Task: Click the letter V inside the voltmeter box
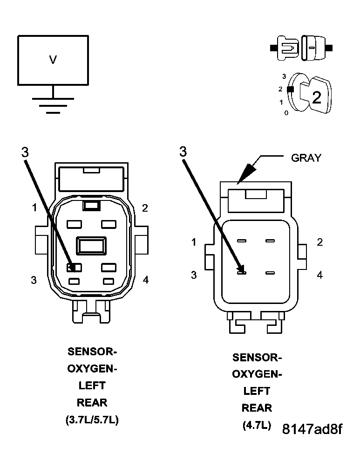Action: click(x=53, y=60)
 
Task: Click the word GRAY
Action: click(x=306, y=158)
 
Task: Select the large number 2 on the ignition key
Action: click(x=316, y=97)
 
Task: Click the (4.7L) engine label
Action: click(x=257, y=425)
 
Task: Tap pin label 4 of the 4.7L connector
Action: click(x=319, y=275)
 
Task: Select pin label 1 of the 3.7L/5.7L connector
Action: click(x=34, y=208)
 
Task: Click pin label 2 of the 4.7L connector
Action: click(x=319, y=242)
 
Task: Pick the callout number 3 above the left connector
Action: click(x=25, y=152)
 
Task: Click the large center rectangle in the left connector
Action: click(x=92, y=245)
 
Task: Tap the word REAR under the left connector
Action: click(x=92, y=402)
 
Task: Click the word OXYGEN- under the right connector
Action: click(x=257, y=374)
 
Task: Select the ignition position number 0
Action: click(x=286, y=113)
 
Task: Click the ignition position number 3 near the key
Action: click(x=284, y=76)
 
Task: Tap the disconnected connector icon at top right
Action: click(x=301, y=48)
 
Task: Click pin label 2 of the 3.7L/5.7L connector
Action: click(x=145, y=208)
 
